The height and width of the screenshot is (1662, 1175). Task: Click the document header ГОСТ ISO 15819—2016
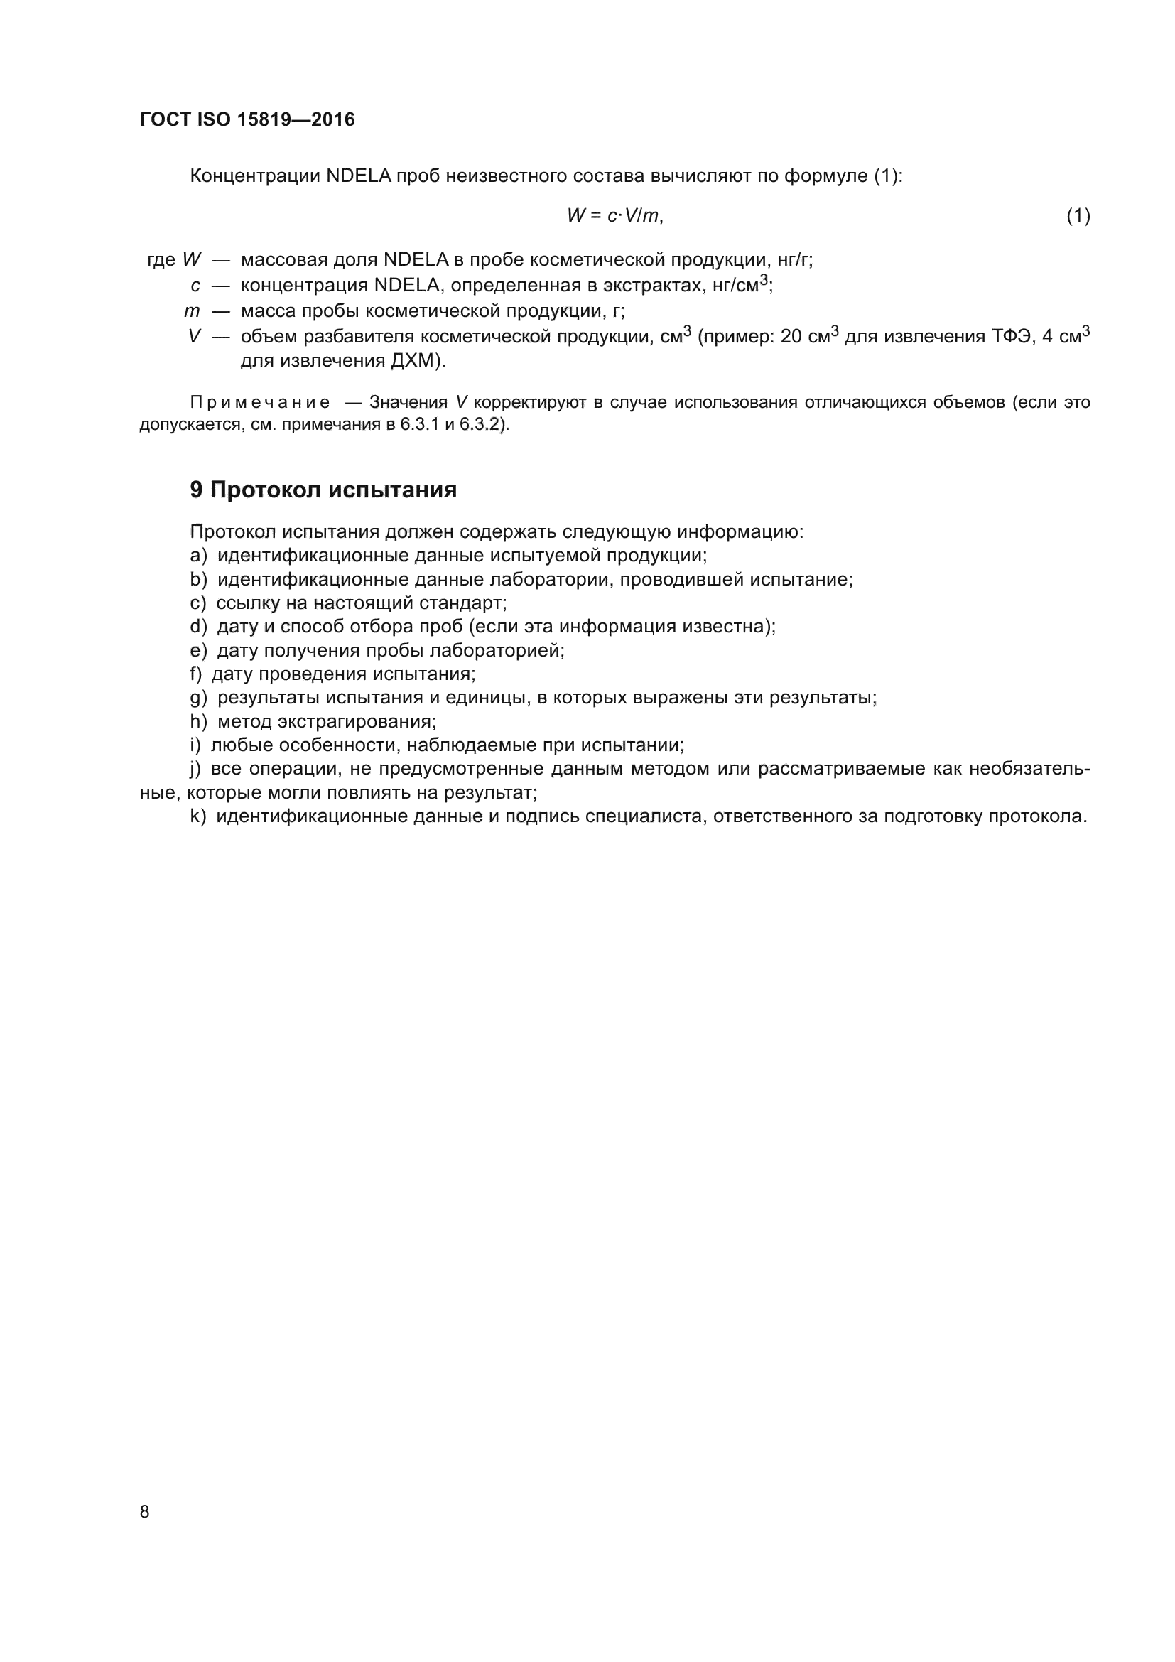click(x=247, y=119)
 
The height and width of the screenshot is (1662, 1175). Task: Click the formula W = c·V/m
click(x=614, y=215)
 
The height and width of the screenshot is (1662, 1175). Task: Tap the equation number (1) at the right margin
click(x=1078, y=216)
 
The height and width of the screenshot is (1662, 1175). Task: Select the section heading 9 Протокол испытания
click(x=323, y=490)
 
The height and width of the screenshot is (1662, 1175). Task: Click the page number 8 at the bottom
click(x=145, y=1511)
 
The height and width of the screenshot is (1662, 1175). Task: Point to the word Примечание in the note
click(x=260, y=402)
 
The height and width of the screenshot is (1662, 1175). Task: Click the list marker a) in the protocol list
click(x=198, y=555)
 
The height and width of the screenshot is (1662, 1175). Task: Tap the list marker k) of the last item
click(x=197, y=816)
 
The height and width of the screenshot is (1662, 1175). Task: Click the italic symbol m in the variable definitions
click(x=192, y=311)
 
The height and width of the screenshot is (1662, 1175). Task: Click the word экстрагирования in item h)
click(x=357, y=721)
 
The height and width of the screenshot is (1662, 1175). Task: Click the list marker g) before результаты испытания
click(x=198, y=698)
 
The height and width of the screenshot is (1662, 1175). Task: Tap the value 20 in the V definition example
click(x=791, y=337)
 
